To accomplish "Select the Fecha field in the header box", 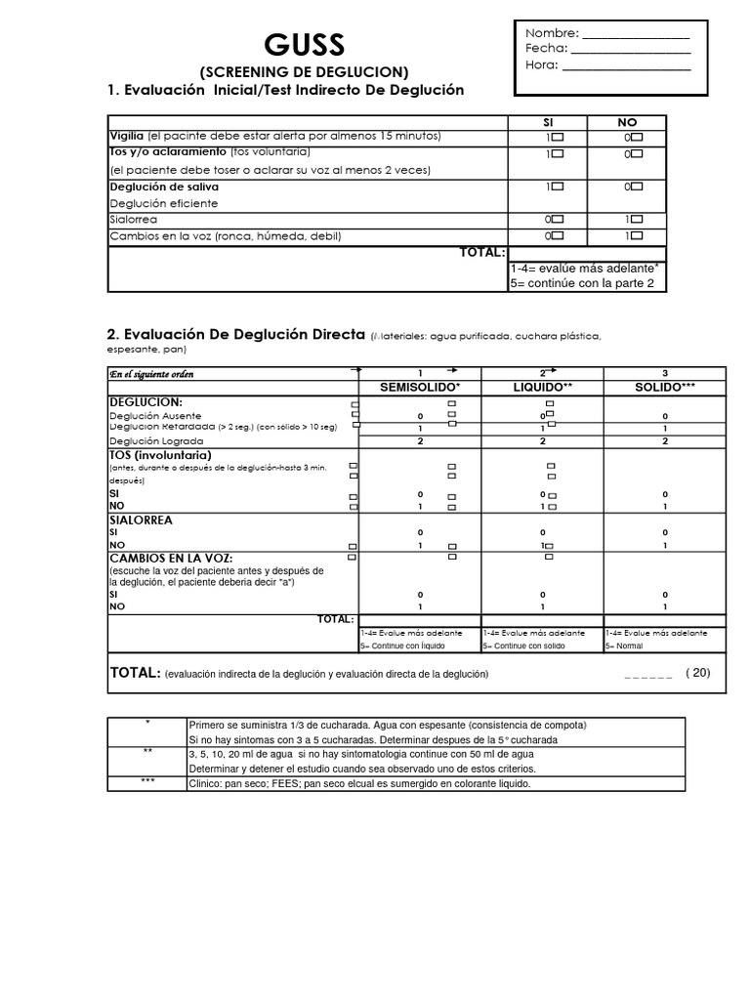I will coord(630,49).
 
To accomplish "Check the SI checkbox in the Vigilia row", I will coord(558,137).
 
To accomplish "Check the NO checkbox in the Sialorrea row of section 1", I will coord(637,220).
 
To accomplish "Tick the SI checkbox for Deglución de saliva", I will coord(558,186).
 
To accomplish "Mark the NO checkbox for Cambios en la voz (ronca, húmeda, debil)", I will coord(637,236).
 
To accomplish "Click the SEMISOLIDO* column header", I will coord(420,388).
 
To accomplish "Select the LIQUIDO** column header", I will coord(543,388).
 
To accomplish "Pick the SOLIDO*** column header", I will coord(665,388).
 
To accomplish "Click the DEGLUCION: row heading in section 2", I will coord(146,401).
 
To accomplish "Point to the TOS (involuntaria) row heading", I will coord(160,455).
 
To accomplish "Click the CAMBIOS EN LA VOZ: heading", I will coord(171,557).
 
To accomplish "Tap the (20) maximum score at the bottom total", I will coord(698,673).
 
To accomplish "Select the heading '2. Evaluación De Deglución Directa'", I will coord(235,336).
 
